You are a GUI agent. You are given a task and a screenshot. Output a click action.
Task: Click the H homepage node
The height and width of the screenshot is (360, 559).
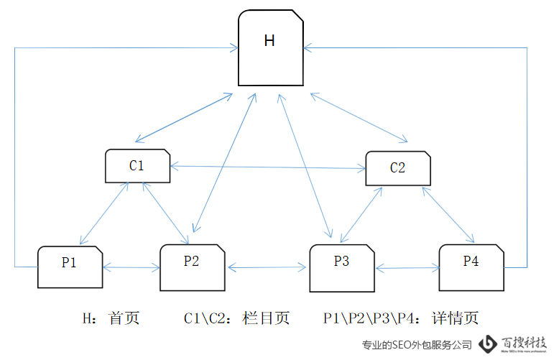[x=269, y=47]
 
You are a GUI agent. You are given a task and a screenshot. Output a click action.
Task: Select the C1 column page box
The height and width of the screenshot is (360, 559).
[x=137, y=165]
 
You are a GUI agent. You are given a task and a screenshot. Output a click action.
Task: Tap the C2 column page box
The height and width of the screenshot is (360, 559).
[x=398, y=168]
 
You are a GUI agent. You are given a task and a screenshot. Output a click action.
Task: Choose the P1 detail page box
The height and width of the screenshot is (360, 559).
[x=70, y=267]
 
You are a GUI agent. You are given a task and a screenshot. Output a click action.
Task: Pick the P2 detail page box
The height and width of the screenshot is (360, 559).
[x=192, y=267]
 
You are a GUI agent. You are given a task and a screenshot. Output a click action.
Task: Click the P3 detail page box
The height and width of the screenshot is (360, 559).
[x=342, y=268]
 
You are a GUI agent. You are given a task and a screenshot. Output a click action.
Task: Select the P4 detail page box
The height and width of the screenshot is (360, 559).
[x=471, y=267]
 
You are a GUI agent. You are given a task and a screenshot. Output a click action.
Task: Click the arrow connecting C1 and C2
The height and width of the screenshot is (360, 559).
[x=267, y=168]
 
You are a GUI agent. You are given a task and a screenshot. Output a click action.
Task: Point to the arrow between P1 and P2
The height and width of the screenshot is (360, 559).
[x=131, y=268]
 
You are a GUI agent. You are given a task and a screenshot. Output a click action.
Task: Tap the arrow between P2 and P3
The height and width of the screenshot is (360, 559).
[x=267, y=268]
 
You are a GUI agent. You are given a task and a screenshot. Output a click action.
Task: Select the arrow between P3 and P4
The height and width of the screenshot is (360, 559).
[x=407, y=269]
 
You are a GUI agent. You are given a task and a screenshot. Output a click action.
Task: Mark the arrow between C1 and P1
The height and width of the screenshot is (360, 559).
[x=104, y=213]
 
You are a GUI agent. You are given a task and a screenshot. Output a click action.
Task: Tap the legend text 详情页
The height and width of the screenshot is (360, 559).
[x=455, y=318]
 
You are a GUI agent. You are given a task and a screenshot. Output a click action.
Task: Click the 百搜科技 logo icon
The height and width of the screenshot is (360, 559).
[x=489, y=344]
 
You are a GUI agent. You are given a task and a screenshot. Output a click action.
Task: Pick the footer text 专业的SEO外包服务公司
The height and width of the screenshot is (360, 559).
[x=417, y=345]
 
